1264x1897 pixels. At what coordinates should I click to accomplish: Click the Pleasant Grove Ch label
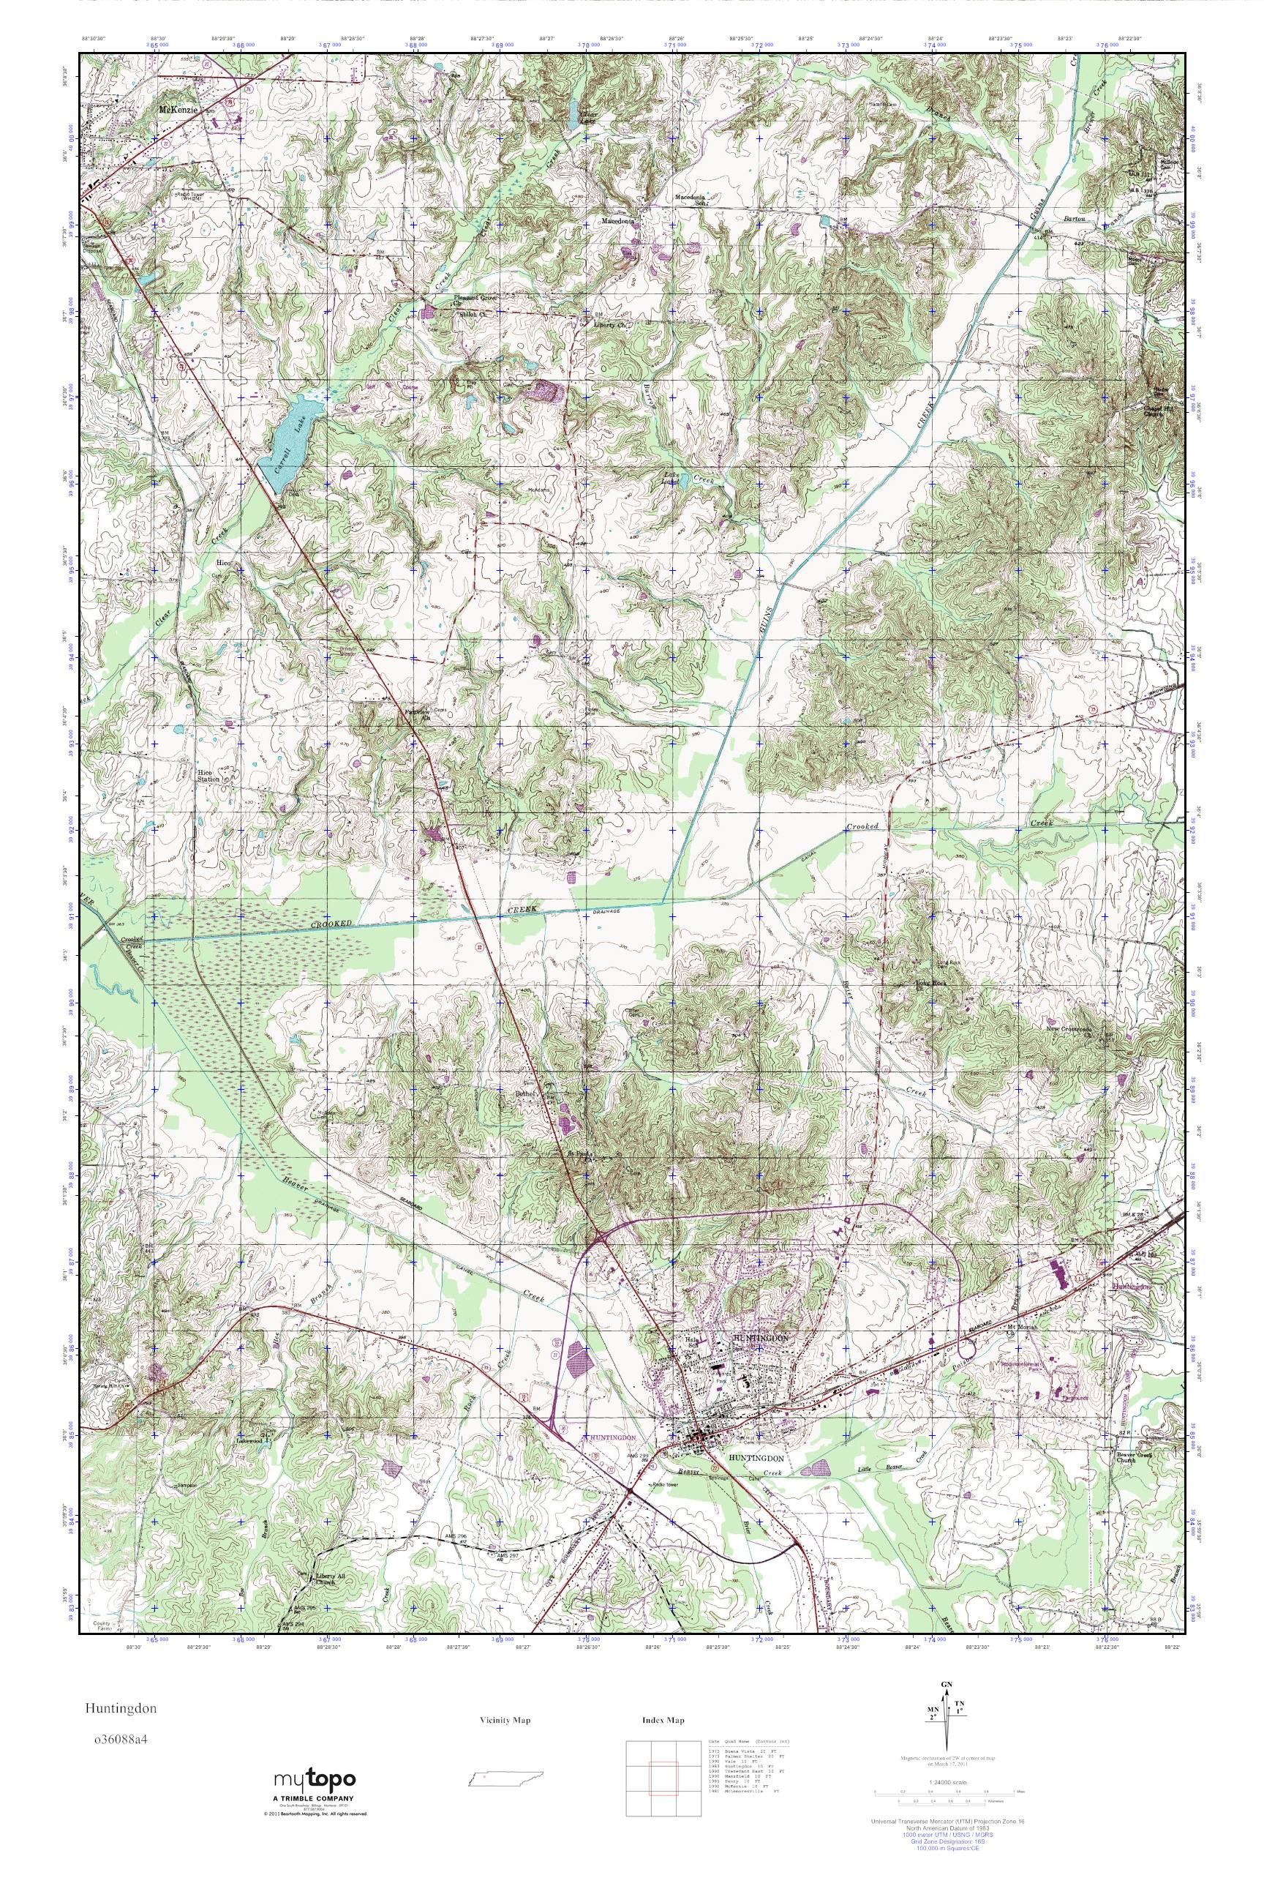[475, 300]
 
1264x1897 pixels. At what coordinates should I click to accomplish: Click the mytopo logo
[315, 1780]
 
